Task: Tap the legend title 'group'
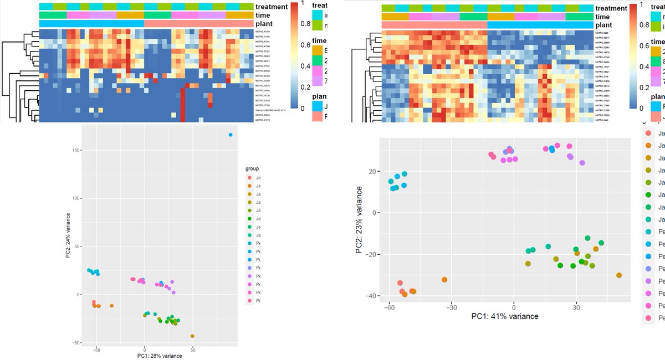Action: coord(252,168)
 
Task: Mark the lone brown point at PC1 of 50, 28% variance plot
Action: coord(192,336)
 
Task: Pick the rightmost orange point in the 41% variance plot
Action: coord(618,275)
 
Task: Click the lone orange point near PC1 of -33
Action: coord(444,280)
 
